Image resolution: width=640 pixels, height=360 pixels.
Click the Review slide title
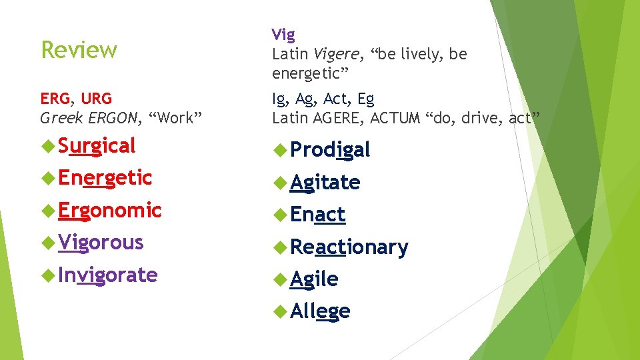[79, 50]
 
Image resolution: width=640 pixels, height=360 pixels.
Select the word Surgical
[96, 145]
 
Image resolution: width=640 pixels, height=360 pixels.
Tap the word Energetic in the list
[105, 178]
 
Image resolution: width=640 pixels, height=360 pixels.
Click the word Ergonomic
[109, 210]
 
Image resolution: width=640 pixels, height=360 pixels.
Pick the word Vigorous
[100, 242]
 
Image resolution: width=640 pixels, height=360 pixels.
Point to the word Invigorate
[107, 275]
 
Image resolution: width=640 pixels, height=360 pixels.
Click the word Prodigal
[330, 150]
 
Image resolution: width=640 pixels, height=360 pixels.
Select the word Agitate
[325, 182]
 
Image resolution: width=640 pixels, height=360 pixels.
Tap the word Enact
[317, 215]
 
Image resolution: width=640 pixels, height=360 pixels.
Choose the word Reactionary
[349, 247]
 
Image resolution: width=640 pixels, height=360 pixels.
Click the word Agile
[314, 279]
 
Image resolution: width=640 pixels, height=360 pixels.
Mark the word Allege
[320, 311]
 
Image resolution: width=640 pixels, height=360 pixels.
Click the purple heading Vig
[283, 35]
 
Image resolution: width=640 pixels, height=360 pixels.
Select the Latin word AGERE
[337, 119]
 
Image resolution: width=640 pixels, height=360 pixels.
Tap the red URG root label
[97, 99]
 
